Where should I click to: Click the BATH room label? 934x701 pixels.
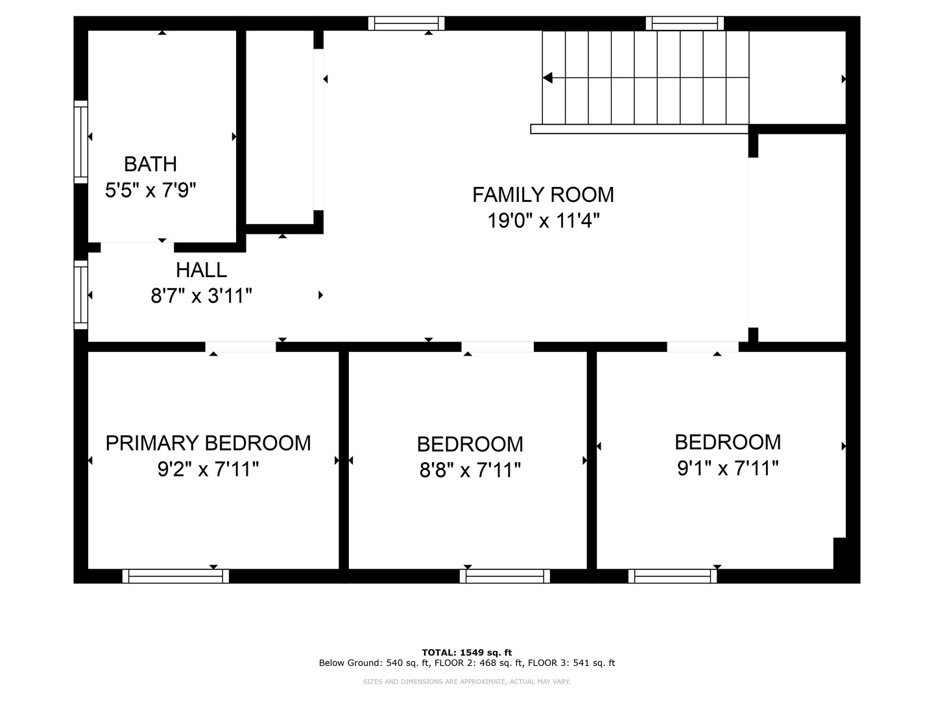point(150,164)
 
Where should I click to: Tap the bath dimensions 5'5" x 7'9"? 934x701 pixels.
point(150,190)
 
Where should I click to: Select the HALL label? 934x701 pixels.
point(201,270)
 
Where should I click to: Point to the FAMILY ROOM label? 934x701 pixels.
point(543,195)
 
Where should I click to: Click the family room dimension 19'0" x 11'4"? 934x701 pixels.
point(543,221)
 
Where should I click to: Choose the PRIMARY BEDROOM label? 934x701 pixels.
point(208,443)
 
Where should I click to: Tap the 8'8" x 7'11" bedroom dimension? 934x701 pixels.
point(470,470)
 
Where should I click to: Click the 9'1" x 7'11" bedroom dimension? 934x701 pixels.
point(728,468)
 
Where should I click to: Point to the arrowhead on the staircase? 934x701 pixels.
point(547,78)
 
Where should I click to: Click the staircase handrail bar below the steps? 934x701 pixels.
point(640,129)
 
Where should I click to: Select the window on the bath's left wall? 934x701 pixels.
point(80,141)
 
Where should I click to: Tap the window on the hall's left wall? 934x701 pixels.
point(80,294)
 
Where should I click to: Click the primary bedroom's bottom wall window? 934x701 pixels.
point(176,576)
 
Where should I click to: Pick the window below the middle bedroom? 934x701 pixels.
point(505,576)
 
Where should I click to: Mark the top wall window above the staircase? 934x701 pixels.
point(684,23)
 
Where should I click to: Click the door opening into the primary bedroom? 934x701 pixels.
point(241,347)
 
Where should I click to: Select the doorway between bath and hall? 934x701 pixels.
point(137,247)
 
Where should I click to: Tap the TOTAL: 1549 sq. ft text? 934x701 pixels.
point(466,652)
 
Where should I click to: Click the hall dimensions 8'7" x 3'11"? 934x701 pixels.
point(201,297)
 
